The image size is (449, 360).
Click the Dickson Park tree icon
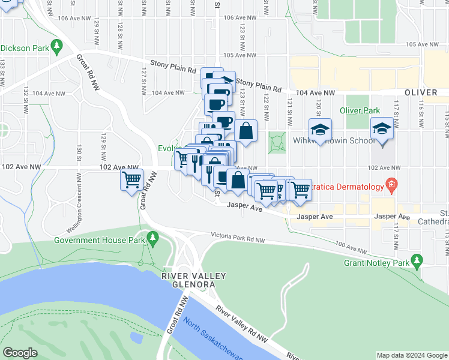[57, 45]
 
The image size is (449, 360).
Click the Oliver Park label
[360, 110]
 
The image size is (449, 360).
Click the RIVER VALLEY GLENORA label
[193, 280]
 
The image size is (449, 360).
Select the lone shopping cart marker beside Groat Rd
[131, 179]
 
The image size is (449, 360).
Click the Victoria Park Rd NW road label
[237, 238]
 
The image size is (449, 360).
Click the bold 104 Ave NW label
[315, 94]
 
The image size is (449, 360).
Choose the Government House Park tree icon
[153, 239]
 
